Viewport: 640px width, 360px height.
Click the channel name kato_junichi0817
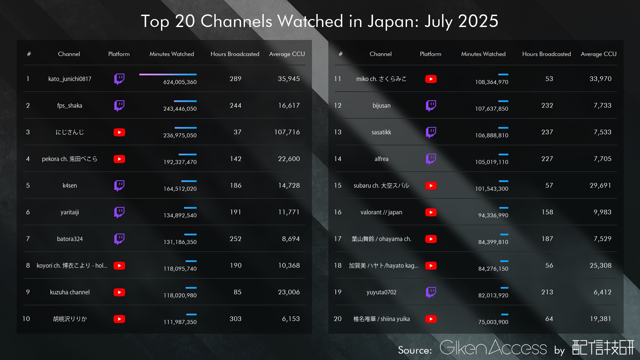70,79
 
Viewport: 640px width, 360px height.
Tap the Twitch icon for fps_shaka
119,106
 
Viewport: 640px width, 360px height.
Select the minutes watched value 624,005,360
180,82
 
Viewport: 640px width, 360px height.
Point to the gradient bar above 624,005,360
168,74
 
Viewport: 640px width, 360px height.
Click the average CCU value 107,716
287,132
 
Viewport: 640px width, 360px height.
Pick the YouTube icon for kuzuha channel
119,292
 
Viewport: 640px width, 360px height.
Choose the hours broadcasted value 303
235,319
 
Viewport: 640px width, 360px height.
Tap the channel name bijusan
381,106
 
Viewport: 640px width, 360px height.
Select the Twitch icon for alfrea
431,159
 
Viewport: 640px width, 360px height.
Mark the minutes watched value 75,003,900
493,322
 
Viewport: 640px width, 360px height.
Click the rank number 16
338,212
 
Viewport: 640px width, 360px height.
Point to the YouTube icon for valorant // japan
431,212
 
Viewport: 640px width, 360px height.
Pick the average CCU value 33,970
600,79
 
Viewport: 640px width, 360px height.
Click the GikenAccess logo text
493,348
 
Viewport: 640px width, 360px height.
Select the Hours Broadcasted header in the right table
546,54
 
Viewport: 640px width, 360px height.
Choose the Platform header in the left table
119,54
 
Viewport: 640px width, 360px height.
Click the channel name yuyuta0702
381,292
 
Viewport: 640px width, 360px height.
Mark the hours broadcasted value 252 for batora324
235,239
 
